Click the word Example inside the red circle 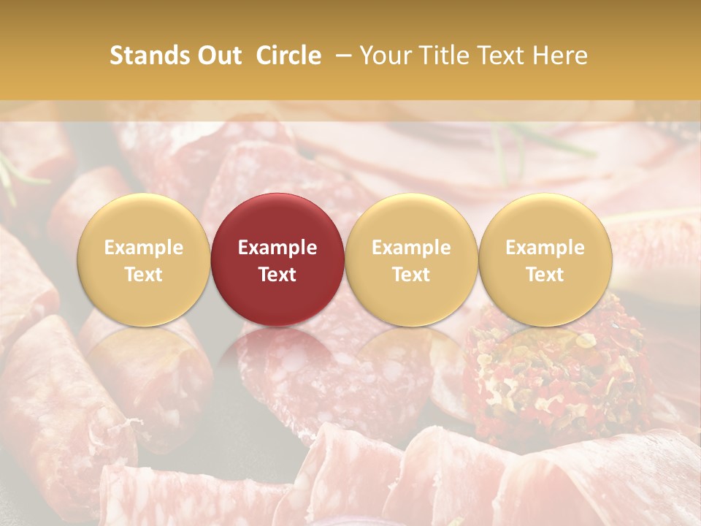(277, 248)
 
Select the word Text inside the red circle (277, 275)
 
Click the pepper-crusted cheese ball (555, 373)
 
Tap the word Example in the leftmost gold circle (143, 248)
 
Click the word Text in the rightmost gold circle (545, 275)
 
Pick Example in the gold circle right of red (411, 248)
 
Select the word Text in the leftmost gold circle (143, 275)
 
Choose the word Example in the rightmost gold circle (545, 248)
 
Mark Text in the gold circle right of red (411, 275)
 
